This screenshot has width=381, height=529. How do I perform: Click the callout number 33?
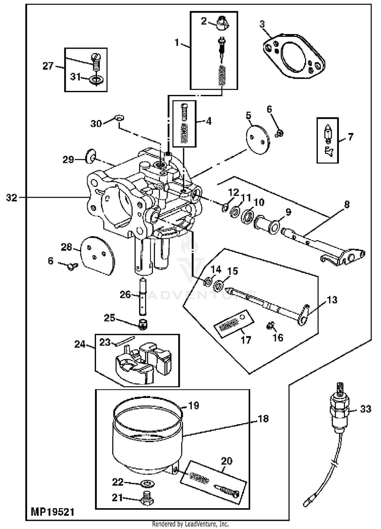(x=366, y=409)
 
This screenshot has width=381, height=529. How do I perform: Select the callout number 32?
(x=12, y=197)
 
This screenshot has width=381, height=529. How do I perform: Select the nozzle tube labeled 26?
(x=143, y=296)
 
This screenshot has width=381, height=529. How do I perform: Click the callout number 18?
(x=263, y=418)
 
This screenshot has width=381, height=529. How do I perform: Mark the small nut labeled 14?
(x=208, y=281)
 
